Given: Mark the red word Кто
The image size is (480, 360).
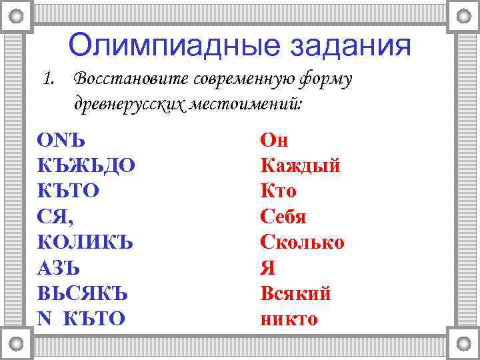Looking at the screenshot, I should [279, 191].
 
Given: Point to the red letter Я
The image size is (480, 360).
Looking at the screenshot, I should [267, 268].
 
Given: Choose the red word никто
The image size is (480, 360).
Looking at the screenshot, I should [289, 319].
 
